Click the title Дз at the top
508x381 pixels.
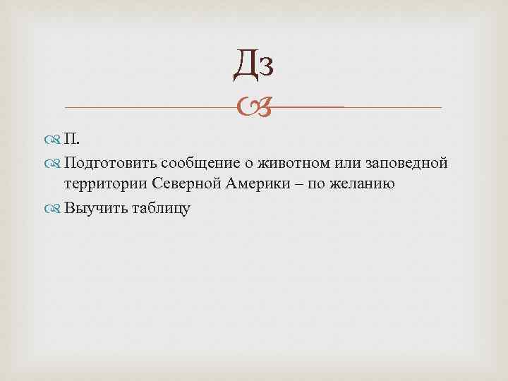pos(254,66)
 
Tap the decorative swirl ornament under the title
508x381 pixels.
pos(254,107)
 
